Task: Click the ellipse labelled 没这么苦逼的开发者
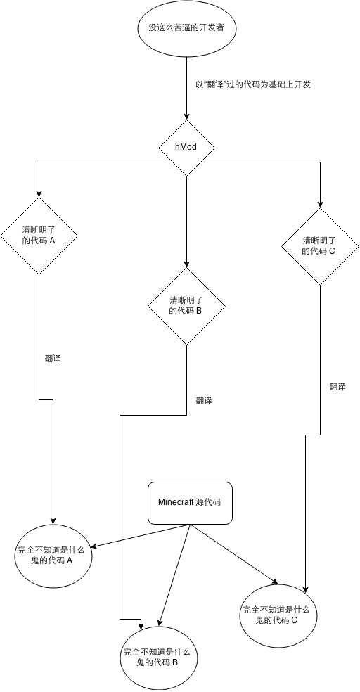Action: pos(186,29)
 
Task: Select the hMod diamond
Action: pos(186,148)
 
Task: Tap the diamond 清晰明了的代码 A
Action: pos(39,235)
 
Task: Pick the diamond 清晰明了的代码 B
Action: pos(186,305)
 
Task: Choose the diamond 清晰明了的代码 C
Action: pos(320,245)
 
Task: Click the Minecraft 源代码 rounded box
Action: pos(190,503)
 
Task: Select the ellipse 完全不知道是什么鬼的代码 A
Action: pos(54,556)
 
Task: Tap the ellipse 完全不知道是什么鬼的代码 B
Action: pos(159,657)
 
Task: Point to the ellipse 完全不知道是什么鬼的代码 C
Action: pos(278,615)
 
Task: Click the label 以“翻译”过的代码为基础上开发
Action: pos(253,85)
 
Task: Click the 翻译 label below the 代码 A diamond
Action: pos(53,359)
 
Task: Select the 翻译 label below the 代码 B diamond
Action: pos(204,402)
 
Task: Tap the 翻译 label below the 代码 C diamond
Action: pos(337,387)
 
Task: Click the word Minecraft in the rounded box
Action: pos(176,503)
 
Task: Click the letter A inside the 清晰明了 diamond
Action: pos(53,241)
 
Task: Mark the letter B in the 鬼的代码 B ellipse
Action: pos(174,662)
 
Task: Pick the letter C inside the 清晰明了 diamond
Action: pos(332,251)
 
